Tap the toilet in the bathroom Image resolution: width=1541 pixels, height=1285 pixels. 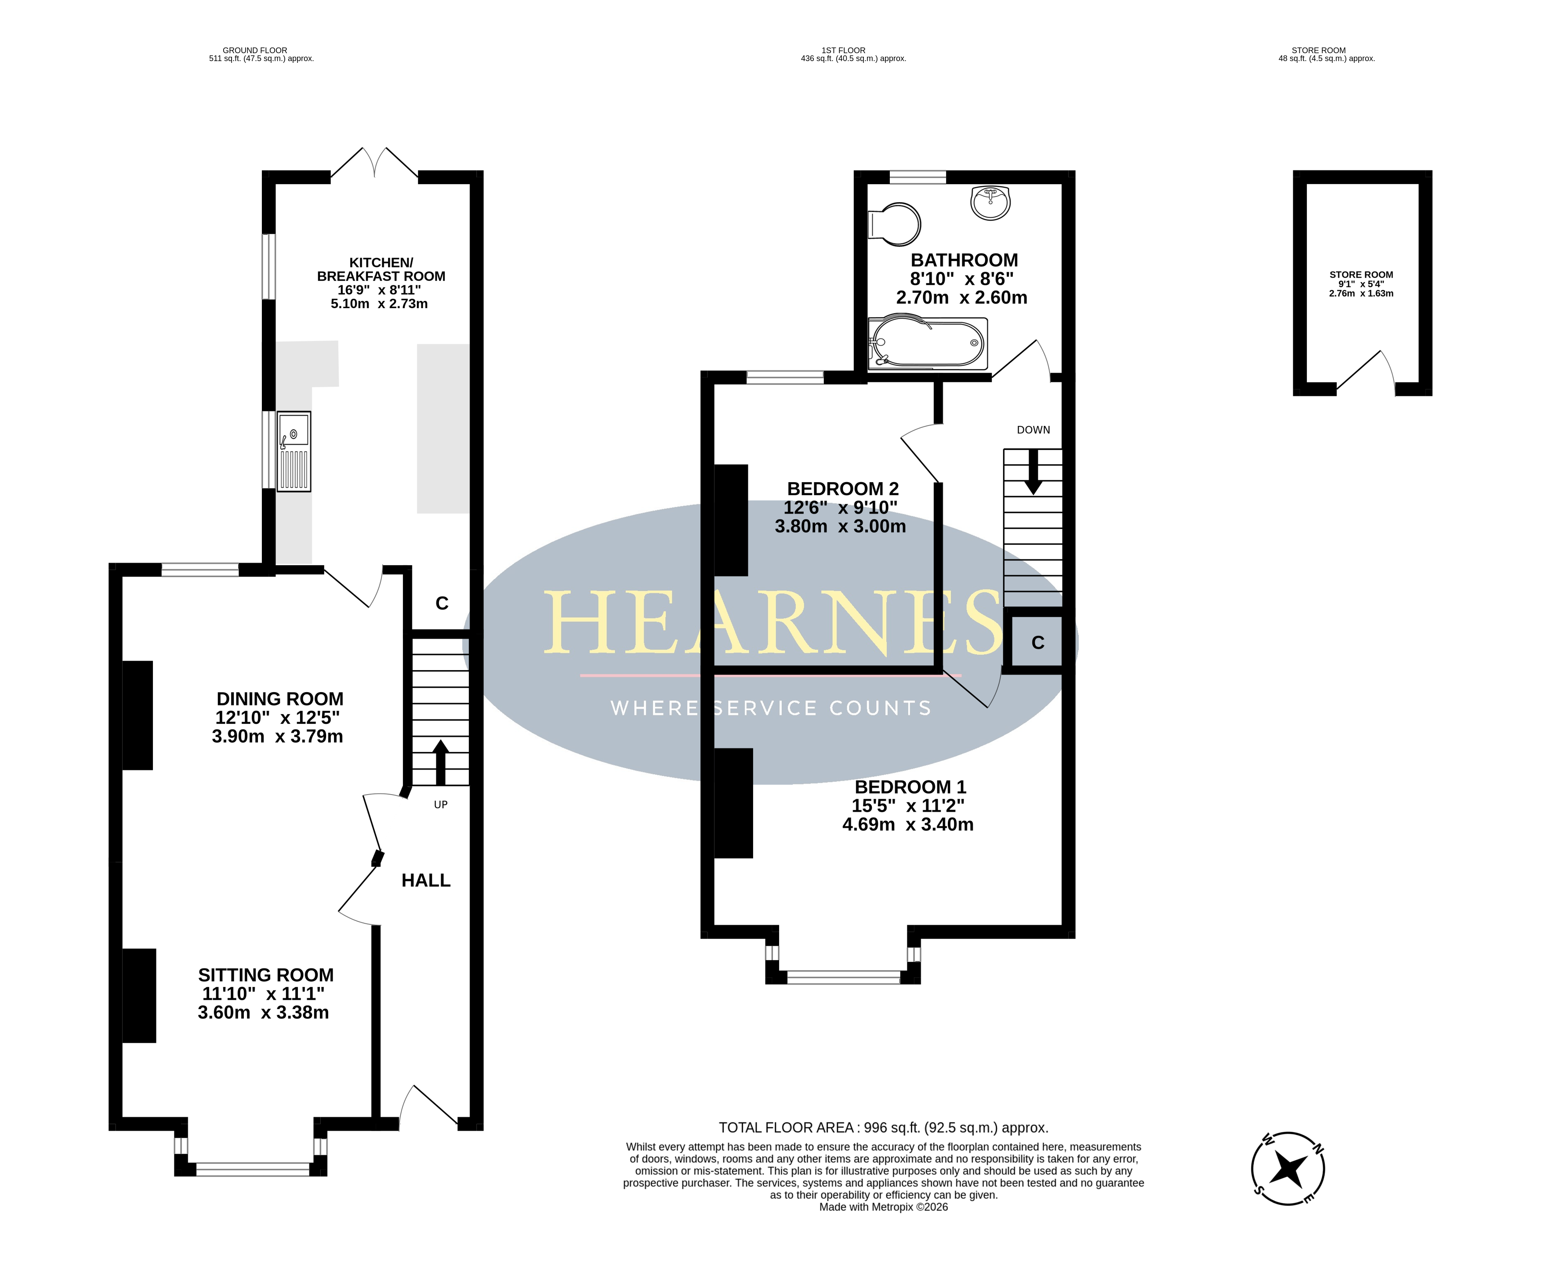point(894,224)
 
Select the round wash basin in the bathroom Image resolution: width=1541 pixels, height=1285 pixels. point(990,203)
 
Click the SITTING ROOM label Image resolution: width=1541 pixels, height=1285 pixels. point(266,975)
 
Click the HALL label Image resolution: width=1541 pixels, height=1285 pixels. point(426,881)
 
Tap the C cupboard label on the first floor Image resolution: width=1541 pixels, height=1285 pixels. point(1037,643)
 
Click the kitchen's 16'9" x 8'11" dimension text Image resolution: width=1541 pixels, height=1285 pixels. point(379,290)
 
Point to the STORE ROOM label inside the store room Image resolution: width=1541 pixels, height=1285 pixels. point(1361,275)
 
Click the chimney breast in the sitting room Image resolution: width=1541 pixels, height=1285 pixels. point(139,996)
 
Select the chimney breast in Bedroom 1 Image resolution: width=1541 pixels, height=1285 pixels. point(733,803)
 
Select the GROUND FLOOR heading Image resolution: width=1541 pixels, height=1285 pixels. point(254,51)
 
